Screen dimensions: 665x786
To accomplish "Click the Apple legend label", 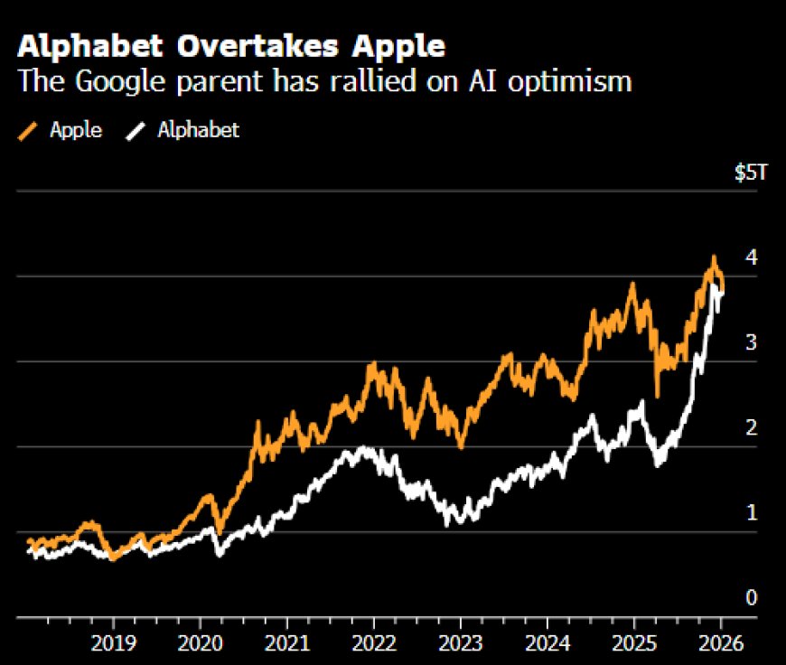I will (x=75, y=130).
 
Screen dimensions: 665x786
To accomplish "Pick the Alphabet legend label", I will (x=199, y=130).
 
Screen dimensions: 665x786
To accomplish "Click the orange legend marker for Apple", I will (x=29, y=131).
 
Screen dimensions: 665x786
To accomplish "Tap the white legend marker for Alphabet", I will (x=136, y=131).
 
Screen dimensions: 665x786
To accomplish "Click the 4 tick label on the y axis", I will (x=751, y=258).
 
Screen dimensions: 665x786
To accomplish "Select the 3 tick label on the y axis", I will (x=751, y=343).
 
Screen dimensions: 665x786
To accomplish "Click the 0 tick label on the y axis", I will (x=751, y=598).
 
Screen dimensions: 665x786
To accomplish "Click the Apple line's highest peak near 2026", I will (x=714, y=258).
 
